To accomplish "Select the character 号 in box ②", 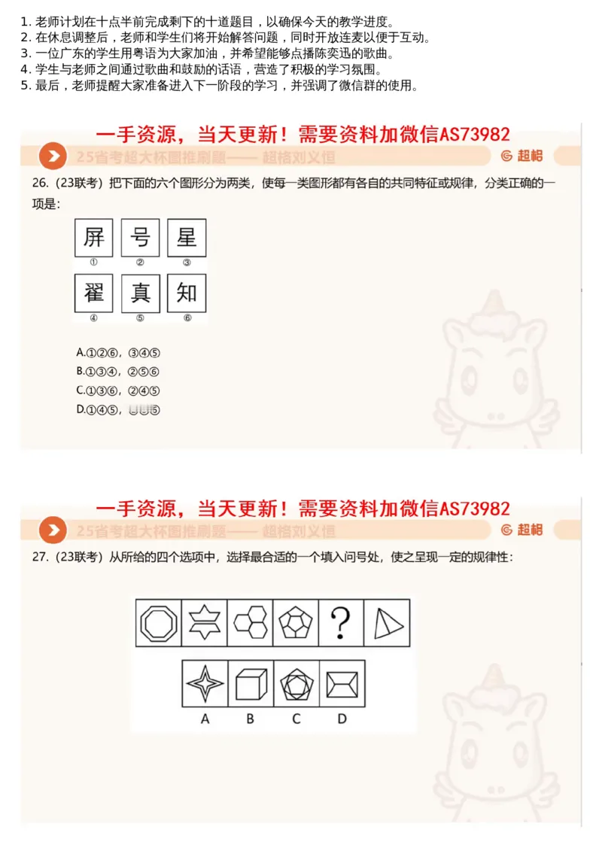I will [140, 239].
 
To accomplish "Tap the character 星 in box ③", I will [186, 239].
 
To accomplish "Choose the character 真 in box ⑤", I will [140, 293].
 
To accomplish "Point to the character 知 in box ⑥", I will [186, 293].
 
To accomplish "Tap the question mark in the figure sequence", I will [341, 623].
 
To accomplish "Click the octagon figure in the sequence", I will [158, 623].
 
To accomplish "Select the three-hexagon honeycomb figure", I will [249, 623].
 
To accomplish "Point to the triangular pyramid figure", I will [388, 623].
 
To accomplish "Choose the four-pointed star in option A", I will [205, 684].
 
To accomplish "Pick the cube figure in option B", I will [250, 684].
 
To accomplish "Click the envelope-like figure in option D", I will [342, 684].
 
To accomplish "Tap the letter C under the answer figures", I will [296, 719].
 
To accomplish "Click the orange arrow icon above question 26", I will [53, 157].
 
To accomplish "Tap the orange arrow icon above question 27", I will [53, 530].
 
